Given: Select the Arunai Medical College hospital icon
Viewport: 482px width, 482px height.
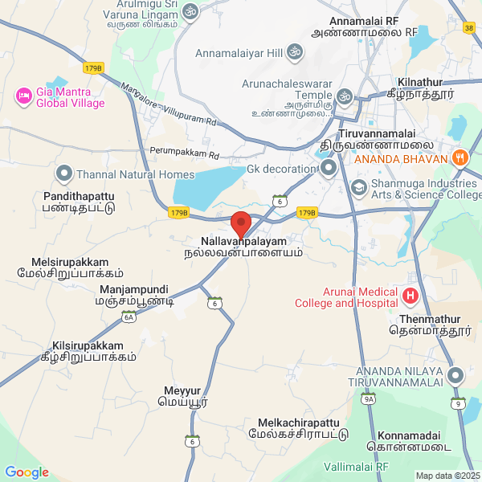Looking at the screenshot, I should point(410,296).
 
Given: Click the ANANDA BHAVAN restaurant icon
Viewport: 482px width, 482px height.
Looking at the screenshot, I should point(460,157).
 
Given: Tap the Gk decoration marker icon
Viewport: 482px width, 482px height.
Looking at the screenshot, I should point(328,168).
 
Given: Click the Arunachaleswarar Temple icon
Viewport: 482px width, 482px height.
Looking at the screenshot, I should point(345,97).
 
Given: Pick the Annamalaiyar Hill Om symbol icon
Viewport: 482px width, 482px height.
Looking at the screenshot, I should point(295,53).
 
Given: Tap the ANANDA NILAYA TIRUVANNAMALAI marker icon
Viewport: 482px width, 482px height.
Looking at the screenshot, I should point(455,375).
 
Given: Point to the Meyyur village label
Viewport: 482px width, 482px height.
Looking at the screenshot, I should point(182,396).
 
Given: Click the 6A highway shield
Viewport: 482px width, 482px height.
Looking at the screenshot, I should point(129,317).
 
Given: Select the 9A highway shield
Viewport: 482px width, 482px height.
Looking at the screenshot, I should point(369,398).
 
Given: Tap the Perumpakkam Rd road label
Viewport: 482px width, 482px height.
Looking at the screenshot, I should point(184,151).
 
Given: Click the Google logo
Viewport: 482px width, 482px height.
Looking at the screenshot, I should point(27,472).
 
